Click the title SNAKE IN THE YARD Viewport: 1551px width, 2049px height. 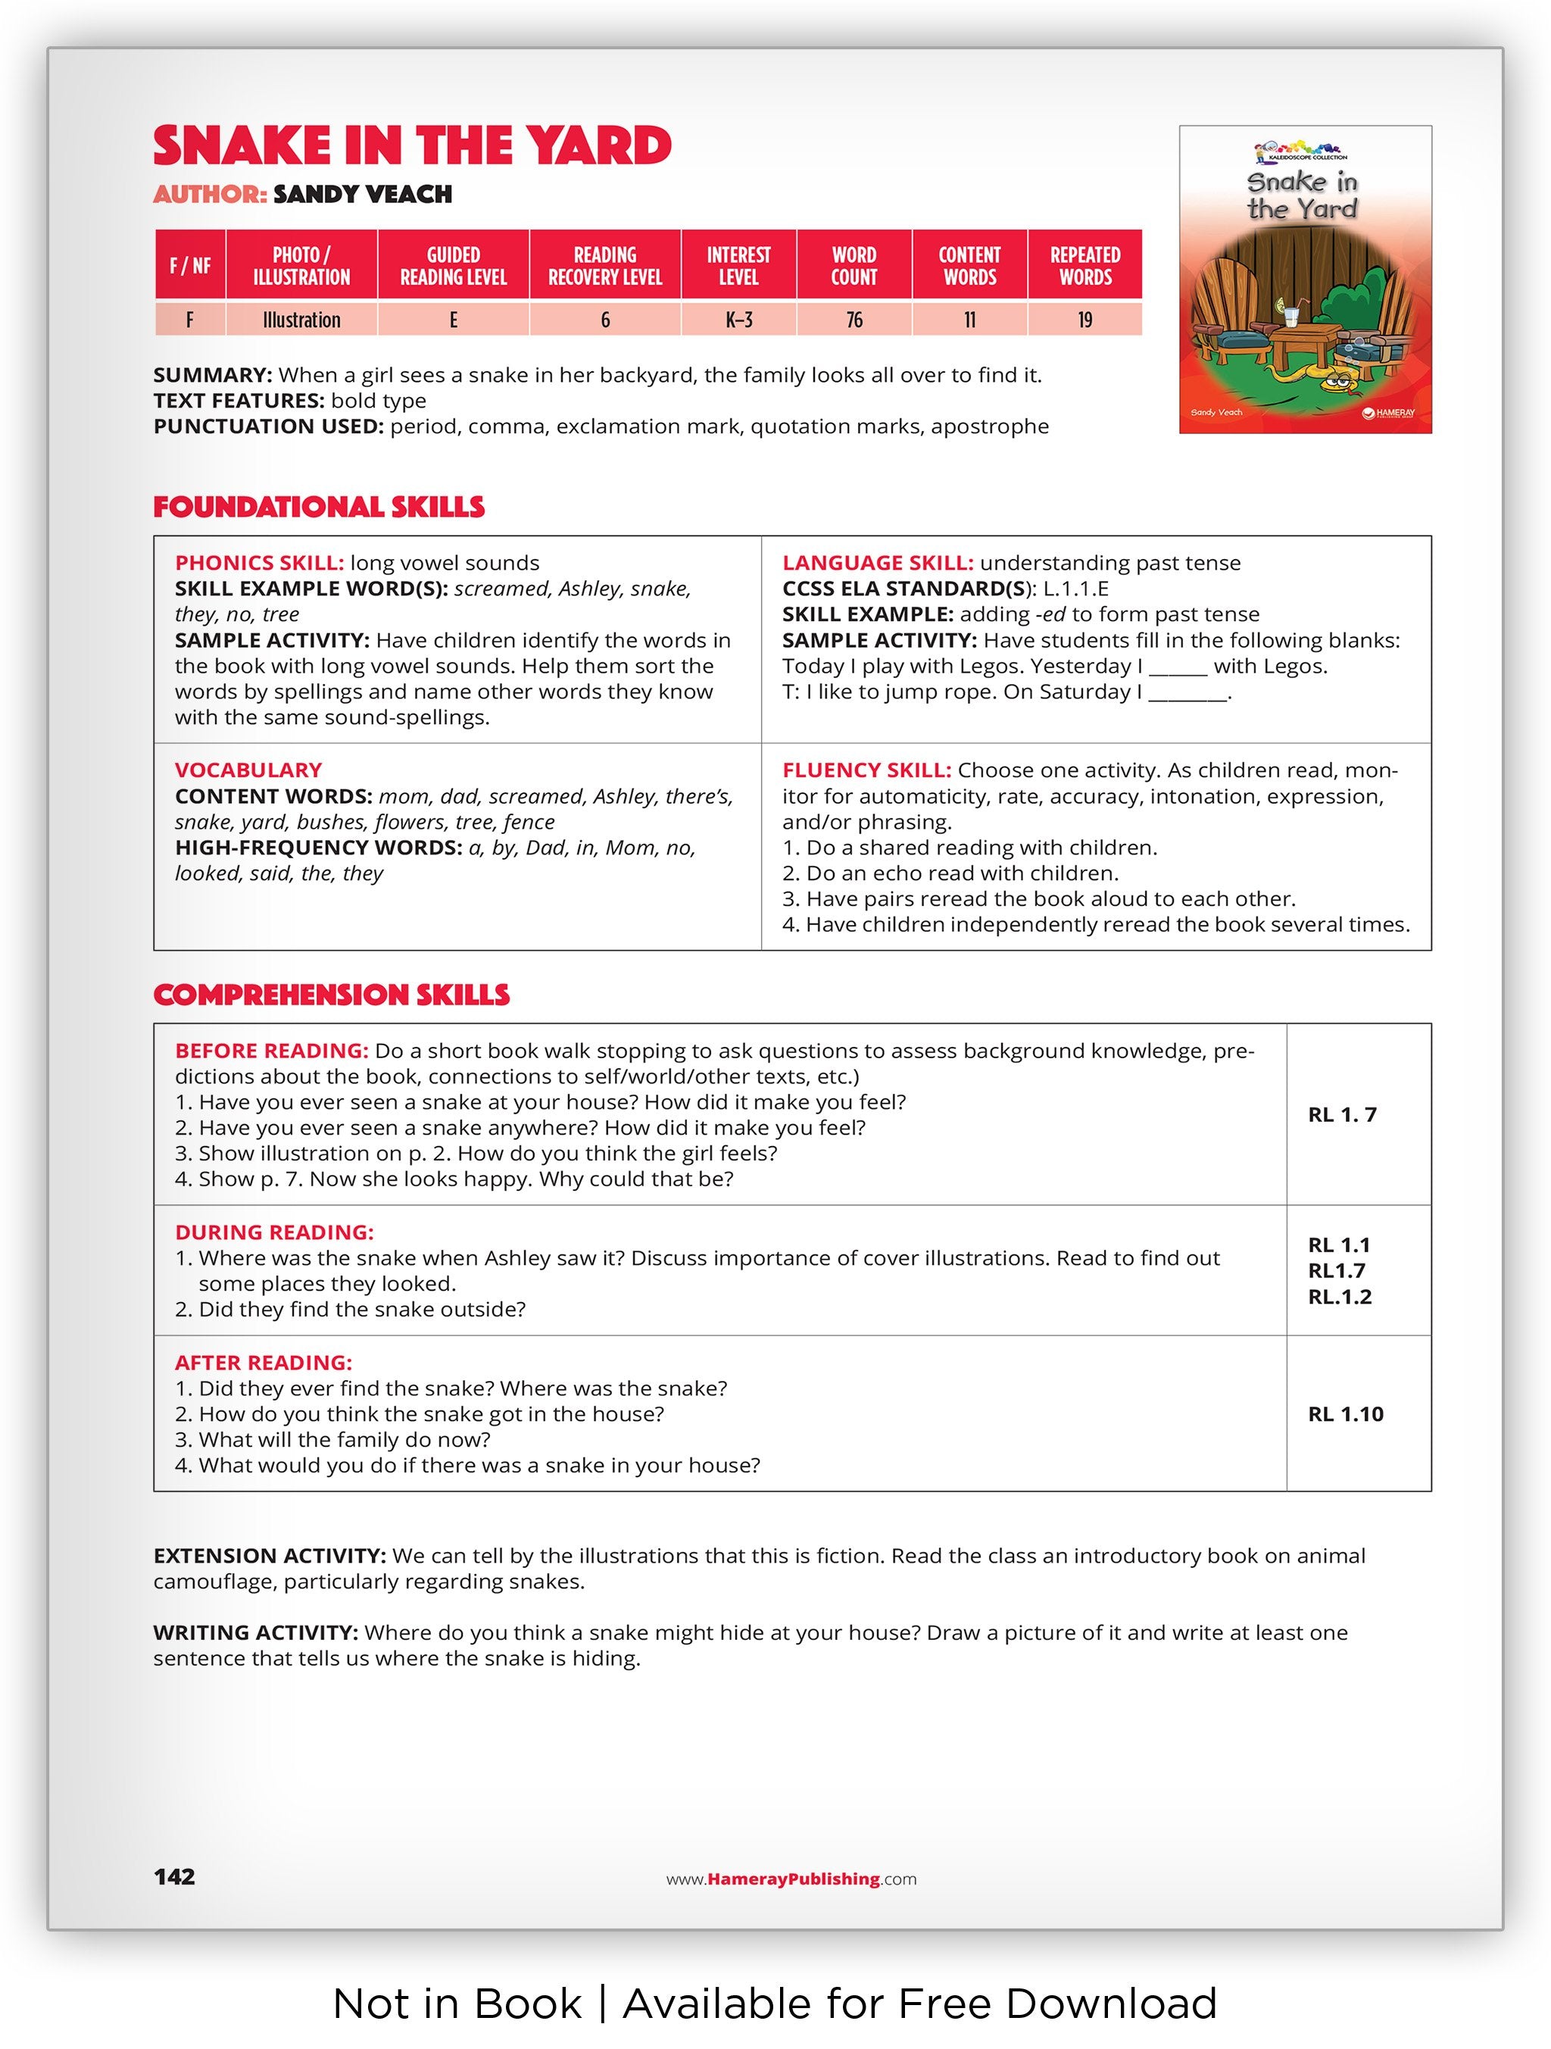412,146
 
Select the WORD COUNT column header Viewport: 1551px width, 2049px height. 853,266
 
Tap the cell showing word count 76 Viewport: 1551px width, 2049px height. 853,320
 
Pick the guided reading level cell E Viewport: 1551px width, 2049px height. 453,320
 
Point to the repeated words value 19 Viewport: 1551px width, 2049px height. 1084,320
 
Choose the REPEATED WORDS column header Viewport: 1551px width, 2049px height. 1084,266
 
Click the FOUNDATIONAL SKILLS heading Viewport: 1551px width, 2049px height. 319,507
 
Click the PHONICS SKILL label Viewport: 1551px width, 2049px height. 259,564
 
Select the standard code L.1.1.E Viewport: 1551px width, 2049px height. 1075,589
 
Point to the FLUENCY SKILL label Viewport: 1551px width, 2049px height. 866,770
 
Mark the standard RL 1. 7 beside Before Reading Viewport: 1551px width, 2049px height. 1342,1115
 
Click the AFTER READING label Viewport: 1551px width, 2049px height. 263,1363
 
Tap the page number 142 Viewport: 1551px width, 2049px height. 174,1877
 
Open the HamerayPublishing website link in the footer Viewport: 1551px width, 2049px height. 791,1879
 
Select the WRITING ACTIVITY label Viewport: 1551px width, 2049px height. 254,1633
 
